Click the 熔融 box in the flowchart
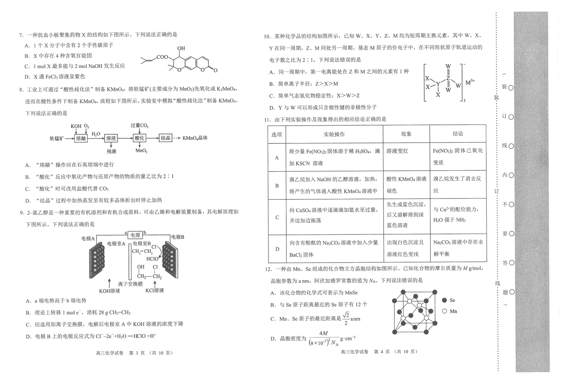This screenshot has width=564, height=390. [81, 138]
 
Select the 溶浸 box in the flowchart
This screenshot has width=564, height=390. [111, 138]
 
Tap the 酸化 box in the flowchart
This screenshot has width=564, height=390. [140, 138]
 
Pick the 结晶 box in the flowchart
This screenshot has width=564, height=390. [165, 138]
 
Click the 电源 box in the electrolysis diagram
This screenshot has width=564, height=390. [135, 235]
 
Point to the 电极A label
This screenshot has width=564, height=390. [88, 238]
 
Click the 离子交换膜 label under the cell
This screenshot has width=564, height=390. [130, 284]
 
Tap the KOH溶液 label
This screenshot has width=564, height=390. [109, 291]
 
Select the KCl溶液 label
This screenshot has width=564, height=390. [154, 290]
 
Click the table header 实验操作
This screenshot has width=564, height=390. [334, 134]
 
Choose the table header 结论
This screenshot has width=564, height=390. [458, 134]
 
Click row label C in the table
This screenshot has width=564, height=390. [277, 217]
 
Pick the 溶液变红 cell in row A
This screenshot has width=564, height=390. [397, 151]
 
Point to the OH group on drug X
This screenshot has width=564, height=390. [181, 48]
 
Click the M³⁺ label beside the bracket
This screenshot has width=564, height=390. [470, 82]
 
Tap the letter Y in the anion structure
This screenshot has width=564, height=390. [438, 84]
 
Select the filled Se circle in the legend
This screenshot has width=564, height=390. [444, 300]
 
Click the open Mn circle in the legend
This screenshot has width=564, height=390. [444, 311]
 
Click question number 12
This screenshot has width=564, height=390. [269, 269]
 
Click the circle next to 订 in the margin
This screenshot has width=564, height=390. [511, 117]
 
